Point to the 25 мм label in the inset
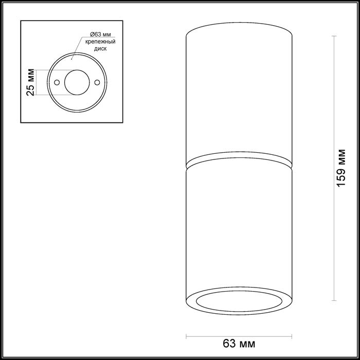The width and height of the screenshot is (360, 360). (31, 82)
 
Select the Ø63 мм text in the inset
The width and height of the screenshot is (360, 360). (94, 32)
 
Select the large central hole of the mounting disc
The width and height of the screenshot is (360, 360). (77, 82)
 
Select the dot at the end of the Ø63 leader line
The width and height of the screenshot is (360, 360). (71, 58)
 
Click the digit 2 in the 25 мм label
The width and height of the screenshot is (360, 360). (31, 91)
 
